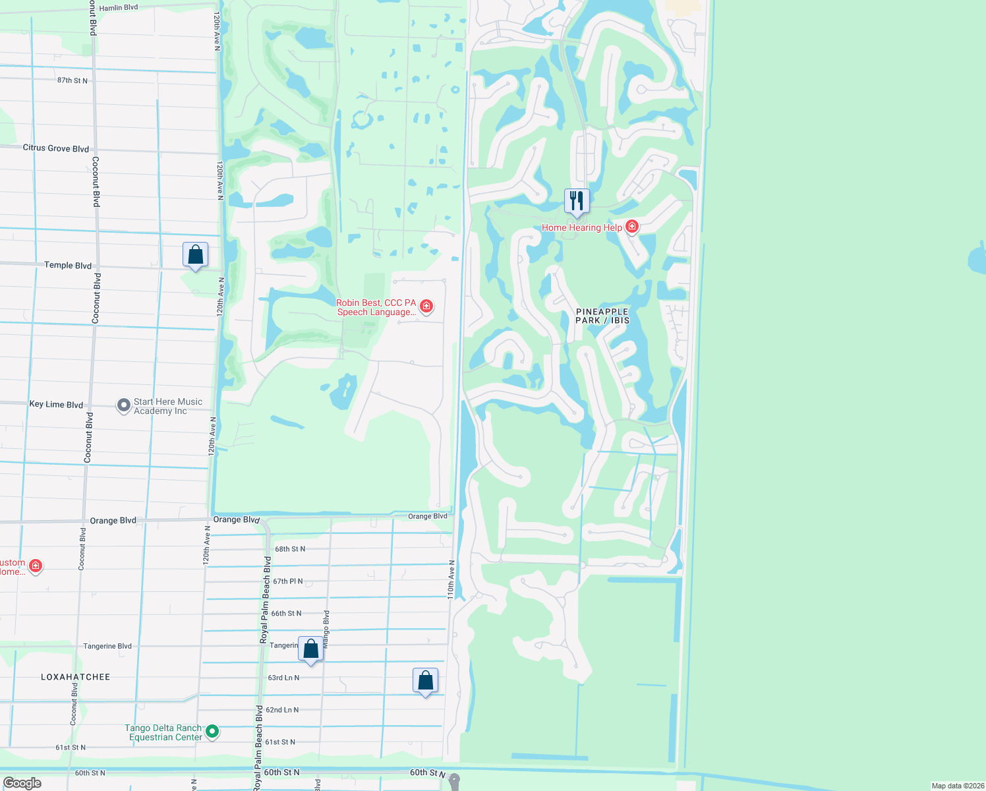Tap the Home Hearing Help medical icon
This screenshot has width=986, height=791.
632,227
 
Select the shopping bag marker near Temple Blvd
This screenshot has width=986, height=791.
196,255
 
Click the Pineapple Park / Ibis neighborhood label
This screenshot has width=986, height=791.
602,316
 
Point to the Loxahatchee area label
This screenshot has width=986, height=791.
76,677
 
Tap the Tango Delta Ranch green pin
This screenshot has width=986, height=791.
212,731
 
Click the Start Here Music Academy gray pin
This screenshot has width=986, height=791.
123,405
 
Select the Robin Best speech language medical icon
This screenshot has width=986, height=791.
426,306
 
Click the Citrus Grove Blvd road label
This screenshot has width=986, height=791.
56,148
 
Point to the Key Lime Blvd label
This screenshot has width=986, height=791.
56,404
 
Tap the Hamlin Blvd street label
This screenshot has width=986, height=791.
119,8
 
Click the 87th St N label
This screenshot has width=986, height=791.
72,80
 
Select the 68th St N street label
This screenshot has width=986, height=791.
290,549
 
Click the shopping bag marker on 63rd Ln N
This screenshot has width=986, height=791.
426,681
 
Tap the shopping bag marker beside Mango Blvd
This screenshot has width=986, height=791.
311,649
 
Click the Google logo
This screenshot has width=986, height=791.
22,783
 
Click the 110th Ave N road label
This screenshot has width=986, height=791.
451,579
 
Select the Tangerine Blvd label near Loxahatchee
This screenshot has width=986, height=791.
107,646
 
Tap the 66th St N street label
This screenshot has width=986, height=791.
287,614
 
